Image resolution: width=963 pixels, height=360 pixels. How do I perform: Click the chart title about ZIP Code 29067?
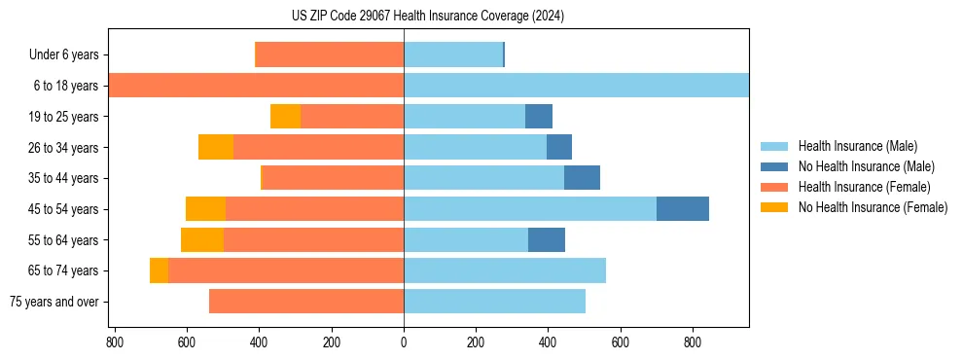(x=428, y=17)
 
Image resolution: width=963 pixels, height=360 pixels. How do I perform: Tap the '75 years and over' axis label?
(x=54, y=302)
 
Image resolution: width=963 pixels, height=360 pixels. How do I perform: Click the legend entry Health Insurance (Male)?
(x=857, y=146)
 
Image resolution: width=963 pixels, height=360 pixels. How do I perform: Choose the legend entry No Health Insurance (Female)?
(x=873, y=207)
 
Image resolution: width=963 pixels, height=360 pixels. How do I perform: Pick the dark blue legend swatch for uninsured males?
(x=774, y=166)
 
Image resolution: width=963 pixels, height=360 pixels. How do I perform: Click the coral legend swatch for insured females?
(x=774, y=187)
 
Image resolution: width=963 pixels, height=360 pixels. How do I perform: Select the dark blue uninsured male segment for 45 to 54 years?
(x=683, y=209)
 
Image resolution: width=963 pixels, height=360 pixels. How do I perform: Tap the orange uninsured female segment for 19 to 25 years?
(x=285, y=117)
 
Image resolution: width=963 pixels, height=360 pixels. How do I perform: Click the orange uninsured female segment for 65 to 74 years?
(x=159, y=270)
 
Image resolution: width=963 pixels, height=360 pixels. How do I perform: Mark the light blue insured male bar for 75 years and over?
(x=494, y=302)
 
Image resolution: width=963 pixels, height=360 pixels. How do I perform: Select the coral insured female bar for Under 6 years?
(x=329, y=54)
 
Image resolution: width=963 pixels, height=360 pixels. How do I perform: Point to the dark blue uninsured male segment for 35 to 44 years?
(x=582, y=178)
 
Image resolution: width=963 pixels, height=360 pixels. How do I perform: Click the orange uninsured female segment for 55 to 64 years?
(x=202, y=240)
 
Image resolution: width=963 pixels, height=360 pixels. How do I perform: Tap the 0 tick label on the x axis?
(x=404, y=342)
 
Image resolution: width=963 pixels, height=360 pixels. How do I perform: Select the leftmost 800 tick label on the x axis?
(x=115, y=342)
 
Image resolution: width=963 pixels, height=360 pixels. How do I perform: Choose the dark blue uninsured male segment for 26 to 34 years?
(x=559, y=148)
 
